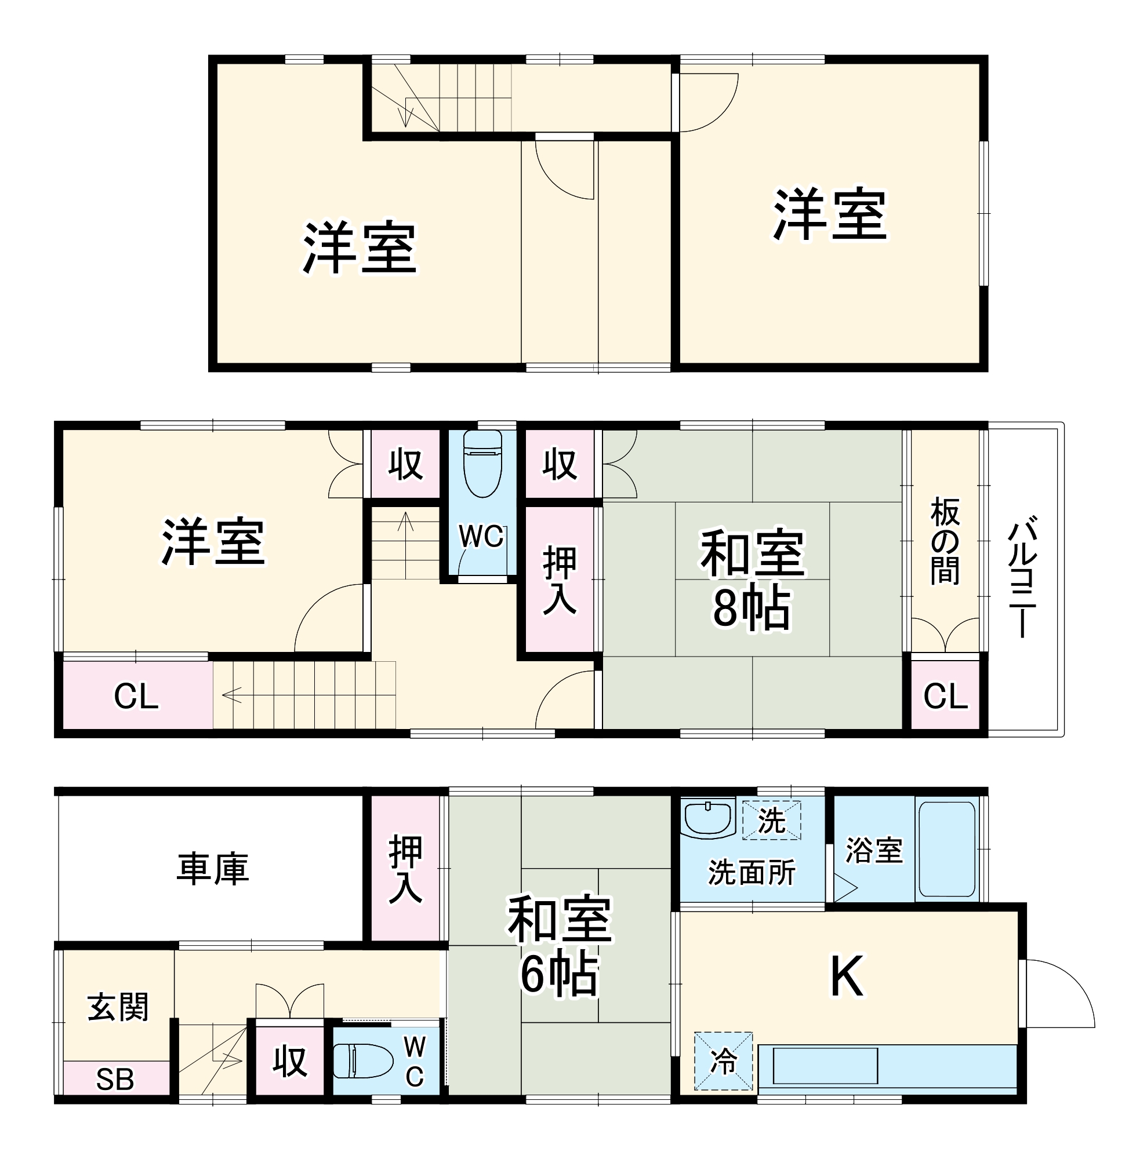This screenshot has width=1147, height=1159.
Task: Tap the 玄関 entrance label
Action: pos(118,1007)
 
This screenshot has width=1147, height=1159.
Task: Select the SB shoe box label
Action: pos(115,1080)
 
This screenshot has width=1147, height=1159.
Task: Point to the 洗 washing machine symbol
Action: pos(771,821)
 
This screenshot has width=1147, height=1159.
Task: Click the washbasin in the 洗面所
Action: pos(708,819)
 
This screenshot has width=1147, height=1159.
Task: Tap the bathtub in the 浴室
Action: pos(946,849)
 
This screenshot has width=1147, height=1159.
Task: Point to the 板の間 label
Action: pos(945,540)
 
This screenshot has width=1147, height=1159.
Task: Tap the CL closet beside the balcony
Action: pos(945,697)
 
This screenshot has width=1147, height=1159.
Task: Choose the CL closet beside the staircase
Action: pos(136,697)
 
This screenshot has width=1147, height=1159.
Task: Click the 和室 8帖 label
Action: pos(752,579)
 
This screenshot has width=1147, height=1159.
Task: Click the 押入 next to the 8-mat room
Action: pos(560,580)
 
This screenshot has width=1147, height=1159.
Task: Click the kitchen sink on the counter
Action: pos(825,1066)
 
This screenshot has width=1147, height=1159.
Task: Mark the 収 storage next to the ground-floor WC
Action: pos(290,1061)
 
